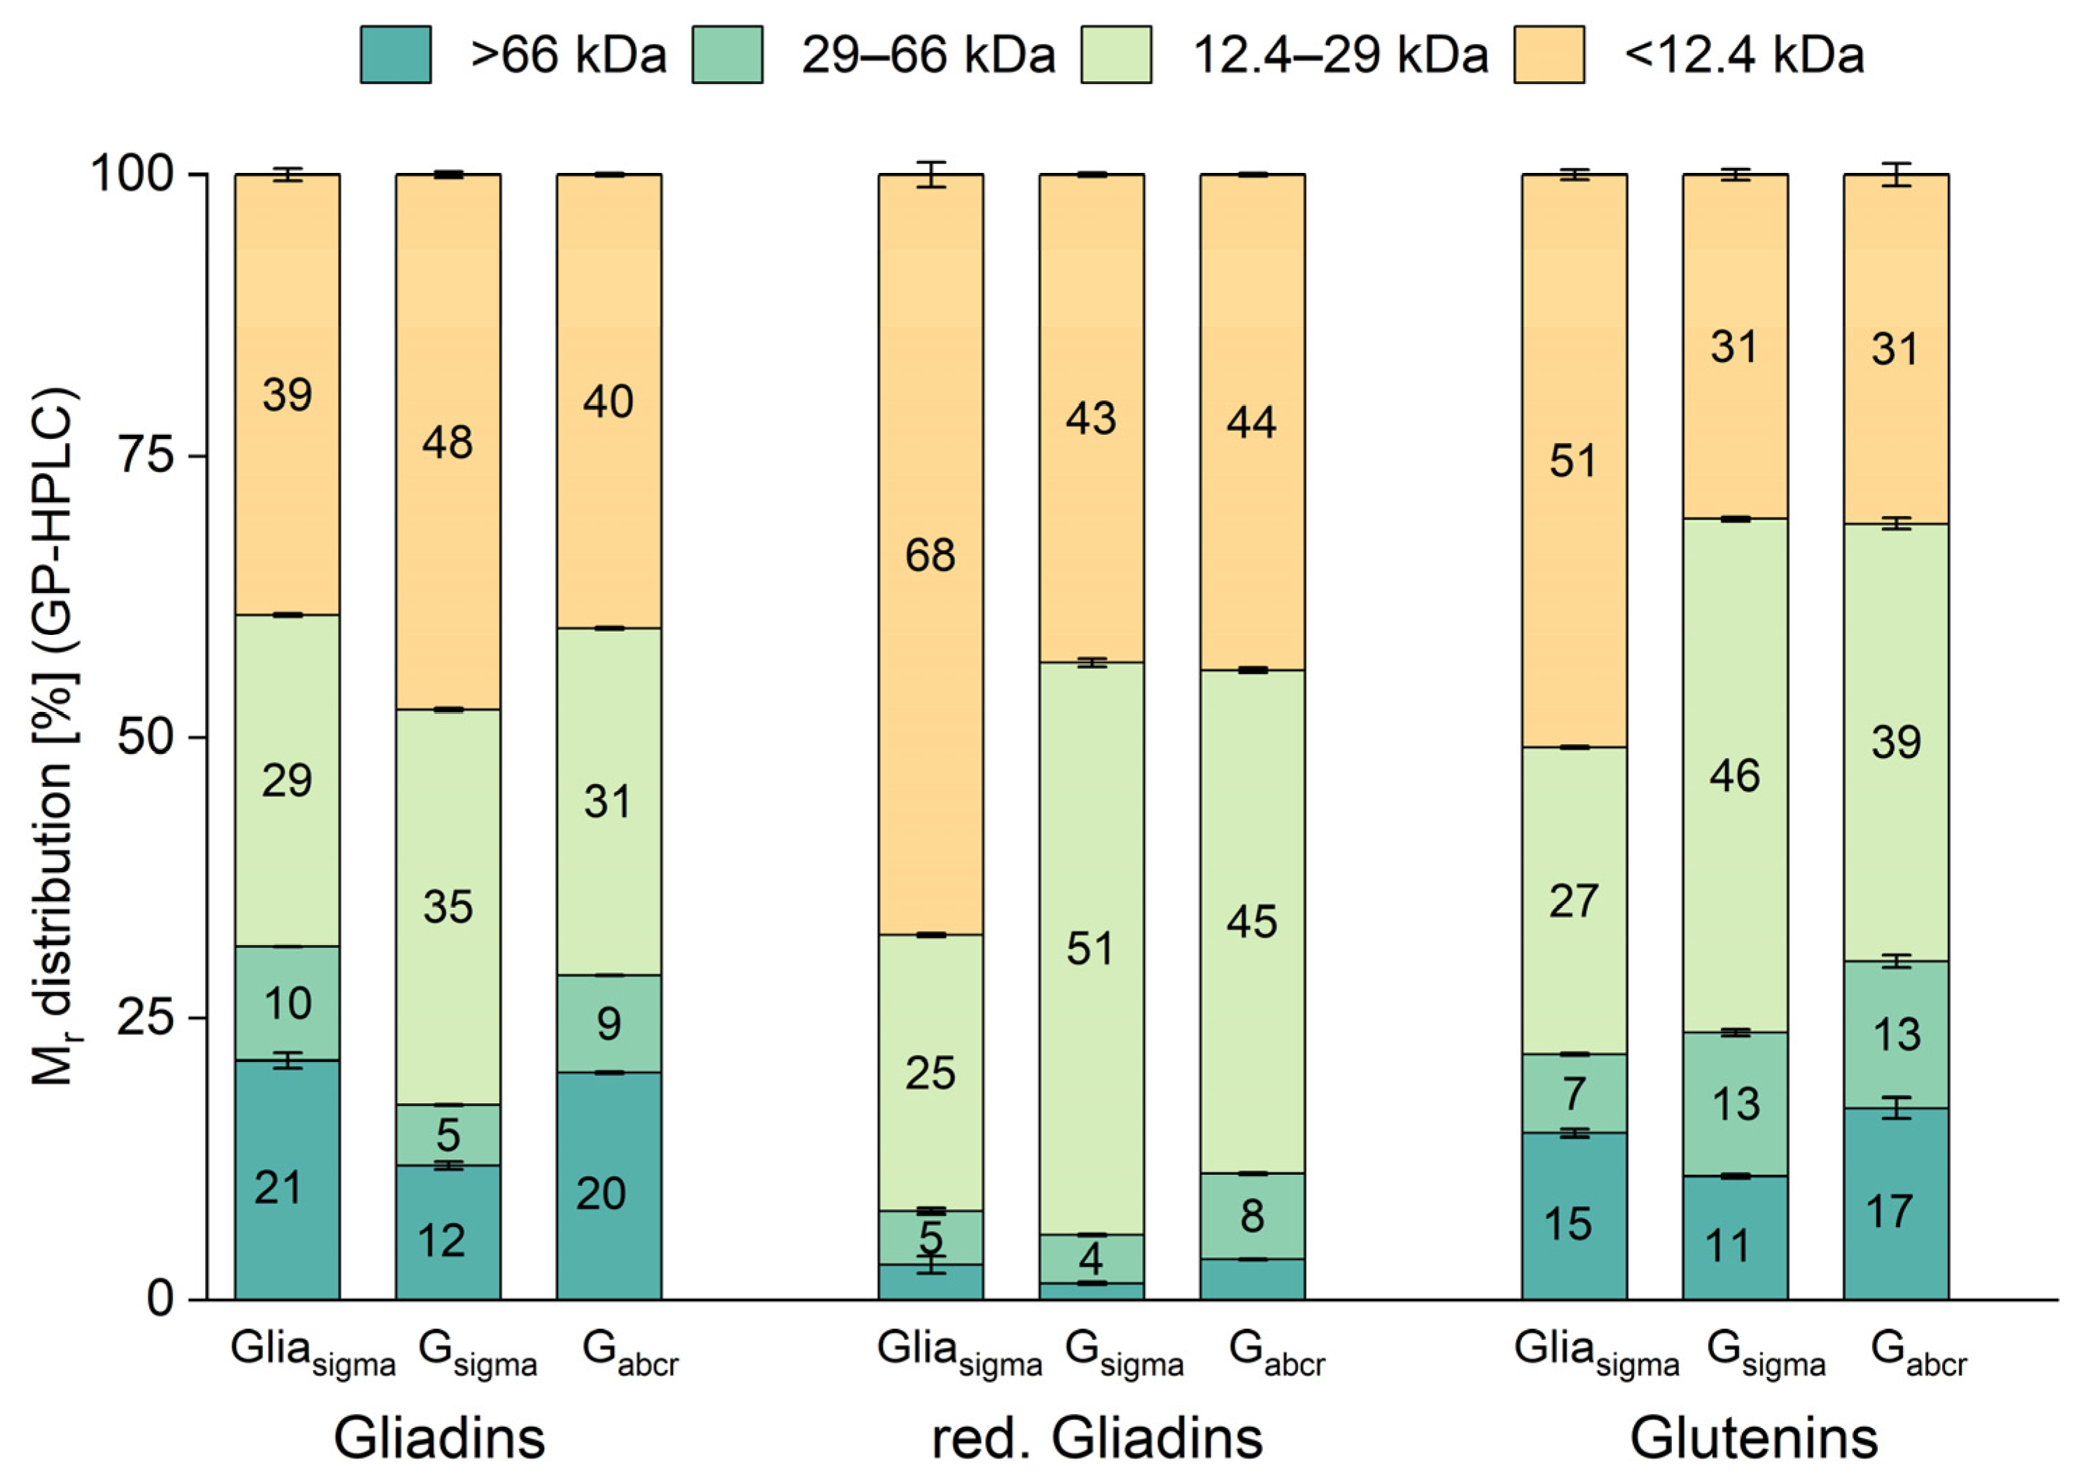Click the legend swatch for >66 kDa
tap(395, 55)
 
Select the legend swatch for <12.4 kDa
tap(1549, 55)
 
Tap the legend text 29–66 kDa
tap(927, 55)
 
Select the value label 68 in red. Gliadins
tap(930, 555)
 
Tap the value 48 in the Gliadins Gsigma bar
tap(447, 442)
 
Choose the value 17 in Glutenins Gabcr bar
tap(1888, 1211)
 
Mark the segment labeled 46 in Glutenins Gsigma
tap(1734, 776)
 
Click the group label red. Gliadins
tap(1097, 1438)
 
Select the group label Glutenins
tap(1754, 1438)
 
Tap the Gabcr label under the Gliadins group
tap(629, 1352)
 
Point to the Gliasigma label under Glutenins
tap(1595, 1352)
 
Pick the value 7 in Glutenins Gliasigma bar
tap(1573, 1093)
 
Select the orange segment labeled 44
tap(1251, 421)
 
